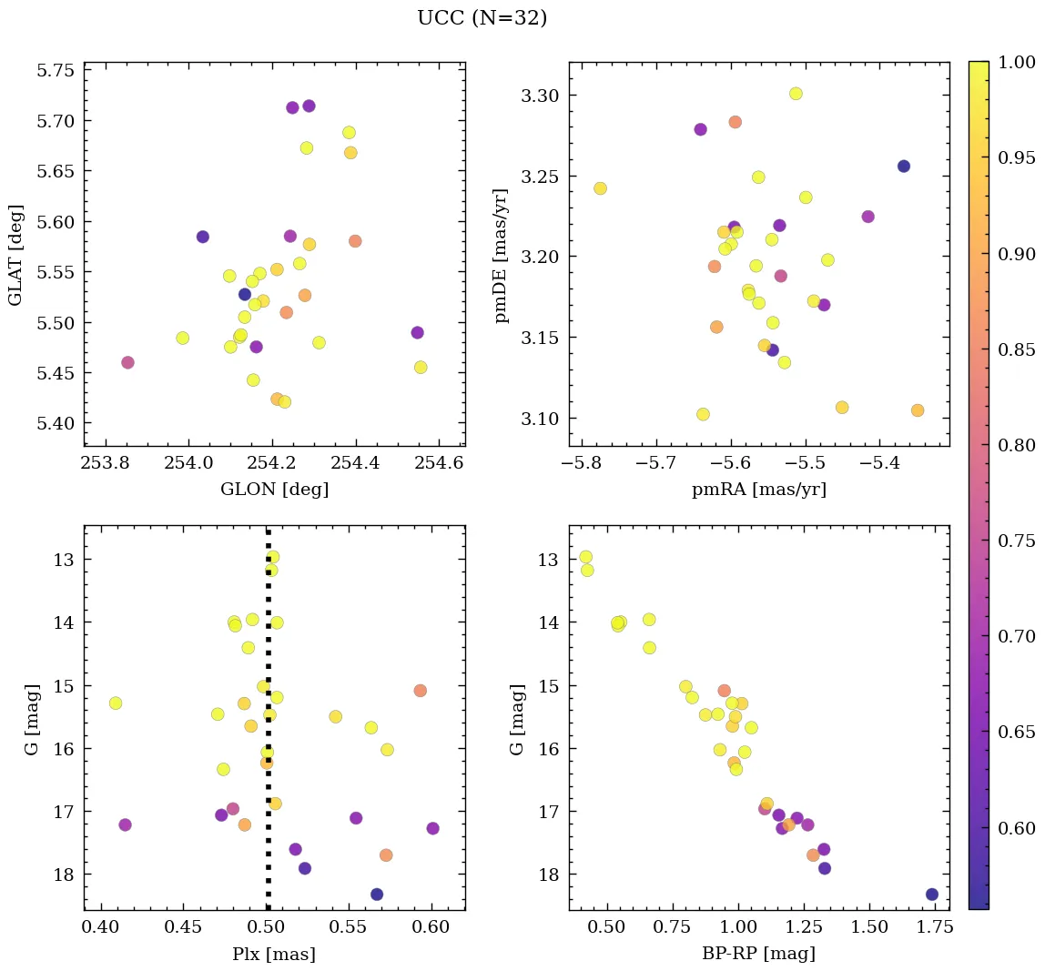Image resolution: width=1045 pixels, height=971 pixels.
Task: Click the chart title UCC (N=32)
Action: pos(482,18)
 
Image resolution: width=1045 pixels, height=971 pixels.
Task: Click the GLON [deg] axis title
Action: pos(274,490)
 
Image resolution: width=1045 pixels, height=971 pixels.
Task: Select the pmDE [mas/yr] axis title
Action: pos(501,256)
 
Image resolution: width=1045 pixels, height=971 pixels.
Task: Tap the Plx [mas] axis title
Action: pos(274,954)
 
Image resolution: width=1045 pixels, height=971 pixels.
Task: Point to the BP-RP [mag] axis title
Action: pos(759,954)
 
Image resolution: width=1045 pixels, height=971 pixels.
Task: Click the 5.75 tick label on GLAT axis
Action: pos(55,71)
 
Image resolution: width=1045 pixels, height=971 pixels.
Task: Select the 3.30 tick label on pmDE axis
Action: pos(540,96)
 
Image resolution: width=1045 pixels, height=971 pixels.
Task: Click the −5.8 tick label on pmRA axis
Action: pos(583,463)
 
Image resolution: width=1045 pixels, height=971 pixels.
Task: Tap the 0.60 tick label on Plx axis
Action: pos(432,927)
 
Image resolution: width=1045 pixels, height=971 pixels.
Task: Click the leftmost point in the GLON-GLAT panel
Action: pos(127,362)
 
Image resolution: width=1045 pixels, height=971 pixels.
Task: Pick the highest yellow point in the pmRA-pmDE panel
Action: pos(796,94)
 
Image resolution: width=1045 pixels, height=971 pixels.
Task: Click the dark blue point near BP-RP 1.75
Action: pos(932,895)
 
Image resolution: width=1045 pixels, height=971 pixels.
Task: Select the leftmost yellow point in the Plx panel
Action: pos(116,703)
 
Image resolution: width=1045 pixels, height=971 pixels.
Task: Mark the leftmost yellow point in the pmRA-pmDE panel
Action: pos(600,188)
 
